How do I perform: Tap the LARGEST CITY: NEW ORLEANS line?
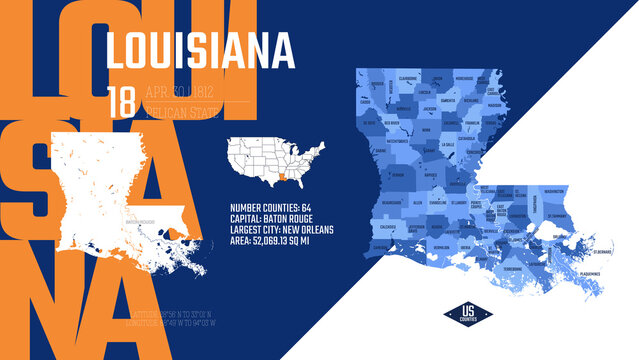click(x=281, y=229)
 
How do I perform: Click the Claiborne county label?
click(x=407, y=77)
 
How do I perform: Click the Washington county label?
click(x=554, y=189)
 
